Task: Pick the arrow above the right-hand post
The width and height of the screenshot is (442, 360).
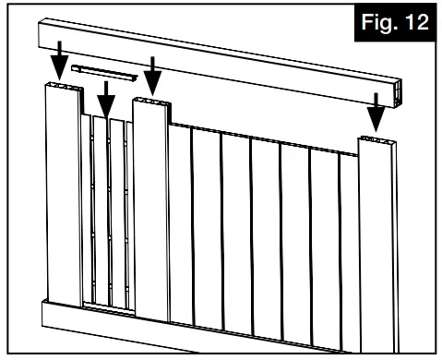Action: [x=376, y=111]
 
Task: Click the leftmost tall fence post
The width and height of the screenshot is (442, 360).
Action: [x=62, y=194]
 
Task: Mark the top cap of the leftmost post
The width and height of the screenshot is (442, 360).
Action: [x=62, y=87]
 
